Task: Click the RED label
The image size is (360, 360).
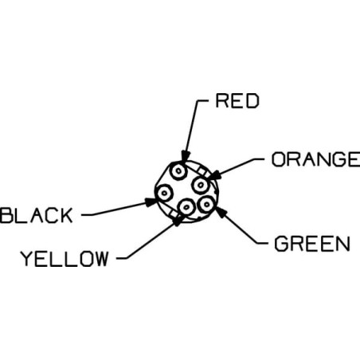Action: (237, 101)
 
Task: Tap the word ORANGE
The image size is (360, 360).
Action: (315, 159)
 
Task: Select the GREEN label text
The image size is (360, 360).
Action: (312, 244)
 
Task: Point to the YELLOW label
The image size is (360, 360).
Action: (65, 258)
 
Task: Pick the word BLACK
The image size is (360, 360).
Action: (37, 215)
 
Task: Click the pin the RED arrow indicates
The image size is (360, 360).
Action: (178, 171)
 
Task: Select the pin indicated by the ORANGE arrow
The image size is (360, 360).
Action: (201, 185)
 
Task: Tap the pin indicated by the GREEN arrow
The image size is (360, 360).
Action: (206, 204)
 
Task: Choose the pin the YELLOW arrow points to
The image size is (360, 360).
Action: (186, 207)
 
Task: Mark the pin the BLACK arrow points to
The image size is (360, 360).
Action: (164, 193)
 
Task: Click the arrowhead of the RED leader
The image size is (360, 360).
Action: (185, 156)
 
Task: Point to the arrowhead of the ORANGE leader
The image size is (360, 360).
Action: (213, 175)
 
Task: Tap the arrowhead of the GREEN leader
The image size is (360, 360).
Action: (221, 212)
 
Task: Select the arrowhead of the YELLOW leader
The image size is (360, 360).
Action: (178, 220)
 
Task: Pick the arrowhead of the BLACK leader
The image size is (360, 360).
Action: (151, 202)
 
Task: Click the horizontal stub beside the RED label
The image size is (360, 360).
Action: (202, 101)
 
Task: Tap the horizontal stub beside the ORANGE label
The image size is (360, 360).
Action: (258, 159)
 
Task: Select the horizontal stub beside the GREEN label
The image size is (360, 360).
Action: (262, 244)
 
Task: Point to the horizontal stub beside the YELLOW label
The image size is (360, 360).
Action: (122, 258)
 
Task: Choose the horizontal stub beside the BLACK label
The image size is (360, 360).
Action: (87, 215)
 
